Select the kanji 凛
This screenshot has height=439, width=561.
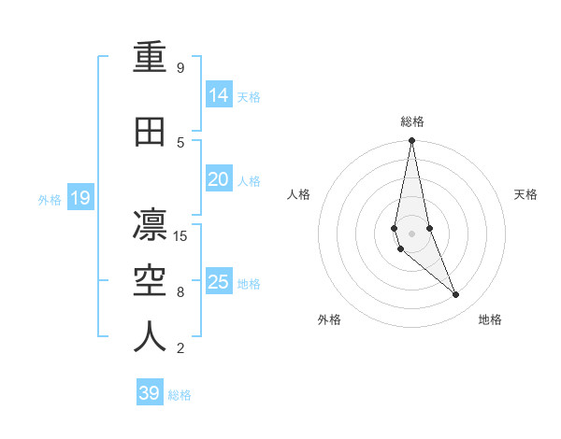tap(150, 226)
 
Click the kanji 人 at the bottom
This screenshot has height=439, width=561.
tap(150, 337)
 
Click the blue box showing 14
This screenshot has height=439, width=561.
tap(219, 94)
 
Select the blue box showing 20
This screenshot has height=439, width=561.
tap(219, 179)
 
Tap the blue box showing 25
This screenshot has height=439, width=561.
tap(219, 282)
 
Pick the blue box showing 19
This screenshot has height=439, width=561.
tap(79, 198)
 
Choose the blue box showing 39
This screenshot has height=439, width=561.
tap(149, 393)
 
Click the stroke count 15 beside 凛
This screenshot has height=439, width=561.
tap(181, 236)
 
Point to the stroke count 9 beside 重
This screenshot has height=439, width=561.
tap(180, 68)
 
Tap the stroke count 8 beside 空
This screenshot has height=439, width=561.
tap(180, 292)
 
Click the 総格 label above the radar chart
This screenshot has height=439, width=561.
tap(411, 120)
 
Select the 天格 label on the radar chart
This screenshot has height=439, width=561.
tap(526, 194)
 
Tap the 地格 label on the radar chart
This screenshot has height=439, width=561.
tap(490, 320)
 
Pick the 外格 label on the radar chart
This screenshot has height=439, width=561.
tap(329, 320)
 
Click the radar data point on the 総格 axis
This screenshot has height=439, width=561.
tap(411, 140)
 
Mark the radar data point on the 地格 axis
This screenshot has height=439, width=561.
tap(456, 295)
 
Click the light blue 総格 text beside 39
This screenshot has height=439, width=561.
tap(180, 395)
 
